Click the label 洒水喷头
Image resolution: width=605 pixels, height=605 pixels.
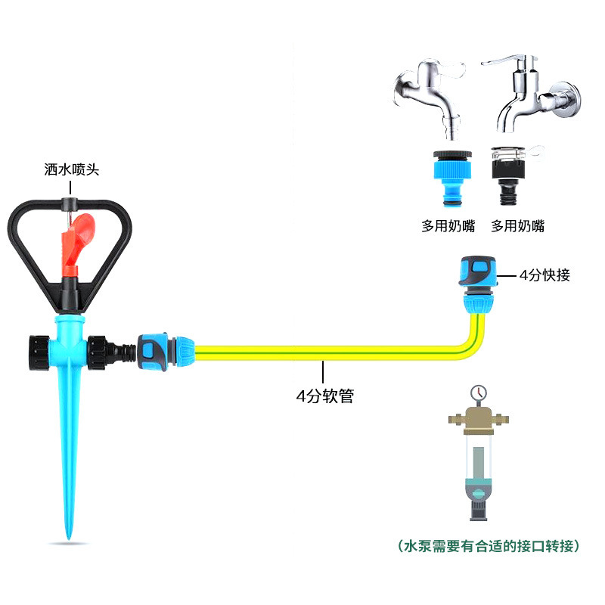72,171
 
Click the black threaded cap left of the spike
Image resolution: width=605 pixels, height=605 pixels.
38,351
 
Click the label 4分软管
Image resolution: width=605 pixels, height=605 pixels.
324,395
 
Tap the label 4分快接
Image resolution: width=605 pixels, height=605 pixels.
544,276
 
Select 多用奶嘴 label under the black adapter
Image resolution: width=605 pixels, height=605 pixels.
517,225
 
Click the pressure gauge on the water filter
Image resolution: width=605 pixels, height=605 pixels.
477,393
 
